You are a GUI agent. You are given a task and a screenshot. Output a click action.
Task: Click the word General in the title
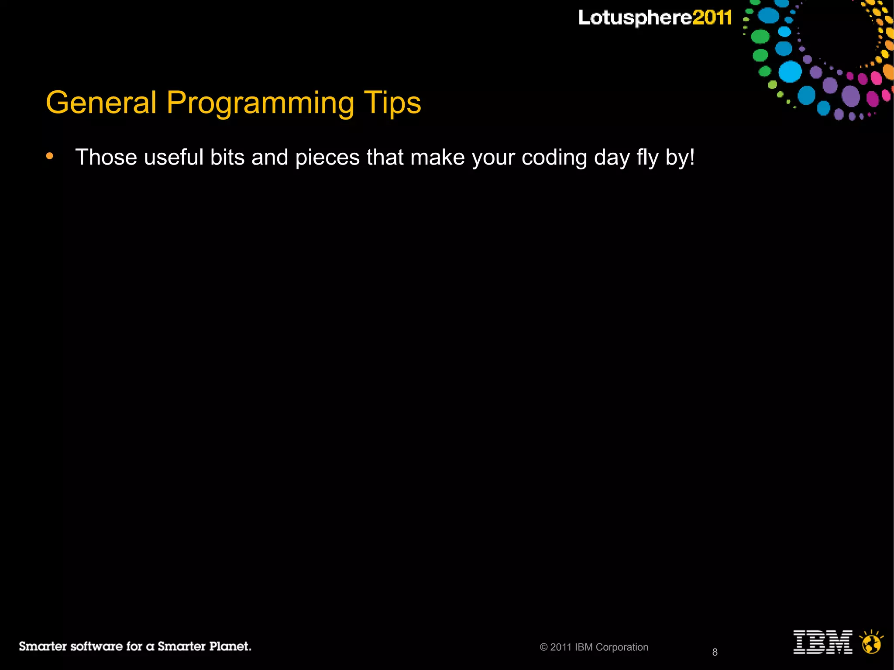point(101,103)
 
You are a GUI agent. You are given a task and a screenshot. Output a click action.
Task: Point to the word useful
point(173,157)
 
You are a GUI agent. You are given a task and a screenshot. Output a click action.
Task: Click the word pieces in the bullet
point(327,158)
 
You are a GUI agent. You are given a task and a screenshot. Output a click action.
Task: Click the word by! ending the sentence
point(680,158)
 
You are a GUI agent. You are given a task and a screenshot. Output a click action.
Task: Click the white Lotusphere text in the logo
point(635,18)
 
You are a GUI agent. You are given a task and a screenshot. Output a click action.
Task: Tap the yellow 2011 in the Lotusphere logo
point(712,18)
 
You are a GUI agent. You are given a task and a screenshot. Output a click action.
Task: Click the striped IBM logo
point(822,642)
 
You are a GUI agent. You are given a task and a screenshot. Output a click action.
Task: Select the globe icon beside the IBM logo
point(871,643)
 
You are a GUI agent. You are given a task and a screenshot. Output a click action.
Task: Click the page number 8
point(715,652)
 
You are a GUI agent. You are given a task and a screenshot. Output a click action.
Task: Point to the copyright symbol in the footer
point(543,647)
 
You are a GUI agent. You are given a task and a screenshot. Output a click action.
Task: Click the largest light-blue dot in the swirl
point(790,72)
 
